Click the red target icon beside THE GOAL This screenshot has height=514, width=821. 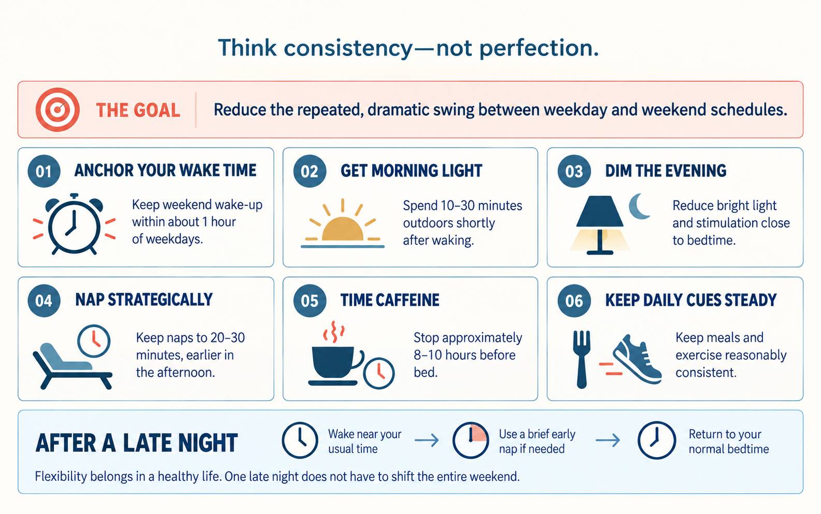57,109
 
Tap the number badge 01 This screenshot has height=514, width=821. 44,172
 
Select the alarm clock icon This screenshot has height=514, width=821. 75,224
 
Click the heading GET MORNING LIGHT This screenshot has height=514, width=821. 411,171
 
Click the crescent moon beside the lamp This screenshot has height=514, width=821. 639,206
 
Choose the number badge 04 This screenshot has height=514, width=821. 44,301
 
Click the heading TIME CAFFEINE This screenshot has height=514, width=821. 390,300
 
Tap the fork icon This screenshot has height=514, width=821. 582,360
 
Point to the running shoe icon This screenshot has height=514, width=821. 637,360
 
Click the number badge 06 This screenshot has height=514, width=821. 574,301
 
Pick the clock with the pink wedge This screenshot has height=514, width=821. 471,440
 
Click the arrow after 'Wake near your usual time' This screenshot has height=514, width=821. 427,440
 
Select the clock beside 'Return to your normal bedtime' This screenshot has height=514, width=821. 656,440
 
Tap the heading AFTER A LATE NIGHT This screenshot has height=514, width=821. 137,443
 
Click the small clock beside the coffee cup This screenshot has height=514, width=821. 378,373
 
